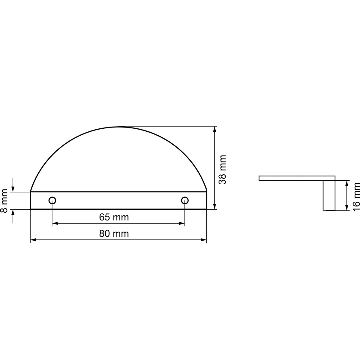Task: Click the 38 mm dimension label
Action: [222, 169]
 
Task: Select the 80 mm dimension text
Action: [114, 233]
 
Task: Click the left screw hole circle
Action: [52, 201]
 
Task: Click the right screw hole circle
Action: [185, 201]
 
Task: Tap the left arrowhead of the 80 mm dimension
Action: [33, 240]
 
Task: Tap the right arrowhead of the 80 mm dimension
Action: [204, 240]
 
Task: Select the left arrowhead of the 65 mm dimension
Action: [55, 223]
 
